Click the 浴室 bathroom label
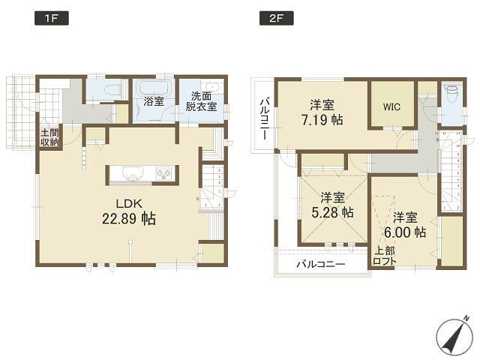pyautogui.click(x=154, y=99)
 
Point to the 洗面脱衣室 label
pyautogui.click(x=202, y=101)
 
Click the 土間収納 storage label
pyautogui.click(x=49, y=139)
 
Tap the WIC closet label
pyautogui.click(x=391, y=106)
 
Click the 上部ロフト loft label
pyautogui.click(x=385, y=256)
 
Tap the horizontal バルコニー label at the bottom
pyautogui.click(x=320, y=265)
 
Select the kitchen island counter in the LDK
pyautogui.click(x=142, y=174)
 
